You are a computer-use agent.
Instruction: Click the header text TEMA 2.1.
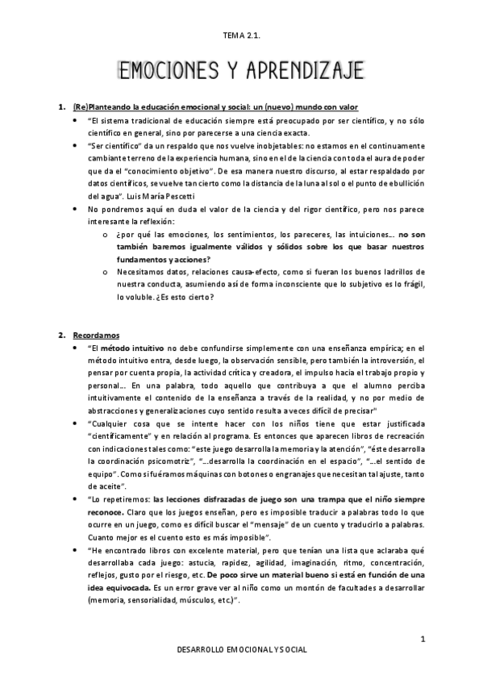coord(241,35)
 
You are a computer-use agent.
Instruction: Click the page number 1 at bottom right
coord(422,639)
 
